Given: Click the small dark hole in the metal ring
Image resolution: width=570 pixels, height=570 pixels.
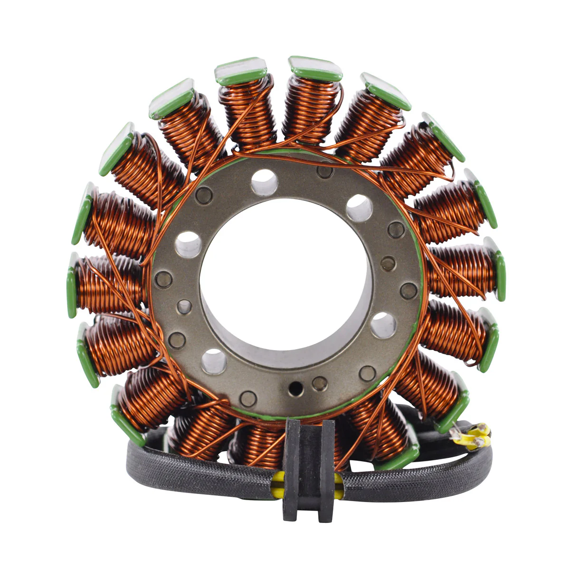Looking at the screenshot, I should tap(296, 387).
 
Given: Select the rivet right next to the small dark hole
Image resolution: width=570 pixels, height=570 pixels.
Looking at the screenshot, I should tap(320, 383).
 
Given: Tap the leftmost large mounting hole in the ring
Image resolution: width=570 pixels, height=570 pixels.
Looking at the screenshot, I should tap(188, 244).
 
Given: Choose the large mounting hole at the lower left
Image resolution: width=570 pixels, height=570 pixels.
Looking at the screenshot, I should tap(213, 361).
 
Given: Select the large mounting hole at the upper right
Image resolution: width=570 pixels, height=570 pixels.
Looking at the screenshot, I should tap(359, 208).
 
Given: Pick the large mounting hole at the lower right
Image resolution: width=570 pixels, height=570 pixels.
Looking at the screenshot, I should tap(383, 325).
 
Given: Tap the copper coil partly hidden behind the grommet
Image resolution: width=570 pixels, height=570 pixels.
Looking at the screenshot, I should tap(261, 444).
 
